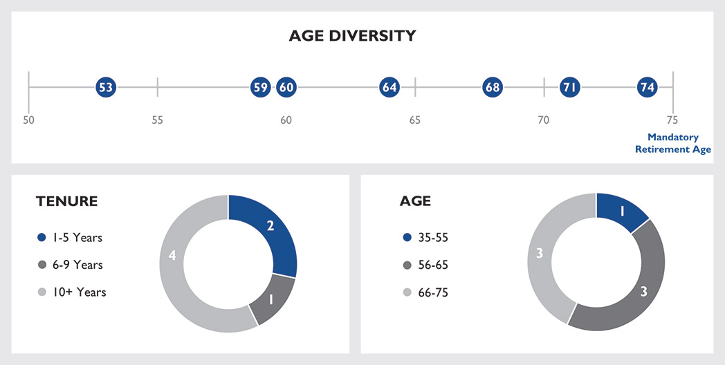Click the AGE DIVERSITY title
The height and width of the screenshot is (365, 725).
(x=352, y=35)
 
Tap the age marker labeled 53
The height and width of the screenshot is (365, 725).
(x=106, y=87)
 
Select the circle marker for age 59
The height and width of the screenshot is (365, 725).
(x=260, y=87)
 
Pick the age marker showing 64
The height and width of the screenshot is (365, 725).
(x=390, y=87)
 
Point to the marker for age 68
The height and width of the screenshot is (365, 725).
(x=493, y=87)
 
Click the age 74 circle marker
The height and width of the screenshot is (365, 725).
(x=648, y=87)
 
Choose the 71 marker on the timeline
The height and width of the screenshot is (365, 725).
(x=570, y=87)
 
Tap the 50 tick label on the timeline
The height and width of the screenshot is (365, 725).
(x=28, y=120)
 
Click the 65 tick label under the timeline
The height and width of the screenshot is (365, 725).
(x=415, y=120)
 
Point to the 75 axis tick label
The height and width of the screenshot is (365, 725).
(x=672, y=120)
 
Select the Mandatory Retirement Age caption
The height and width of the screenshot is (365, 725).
(x=673, y=143)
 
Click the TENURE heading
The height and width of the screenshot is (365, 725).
(x=66, y=201)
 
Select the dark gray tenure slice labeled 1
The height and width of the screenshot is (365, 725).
(x=270, y=300)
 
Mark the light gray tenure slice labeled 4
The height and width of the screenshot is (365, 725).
(x=172, y=256)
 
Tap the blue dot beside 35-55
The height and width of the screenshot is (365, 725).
(x=407, y=238)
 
